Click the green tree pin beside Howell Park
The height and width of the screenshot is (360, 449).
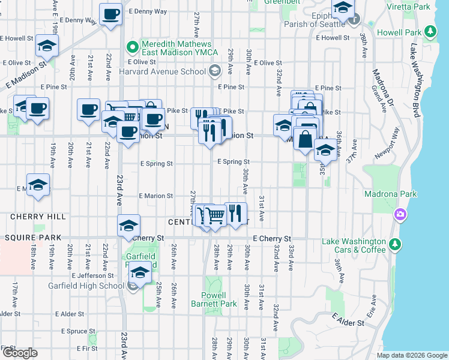[x=430, y=31]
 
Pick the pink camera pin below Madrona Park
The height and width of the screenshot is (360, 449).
[x=400, y=214]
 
